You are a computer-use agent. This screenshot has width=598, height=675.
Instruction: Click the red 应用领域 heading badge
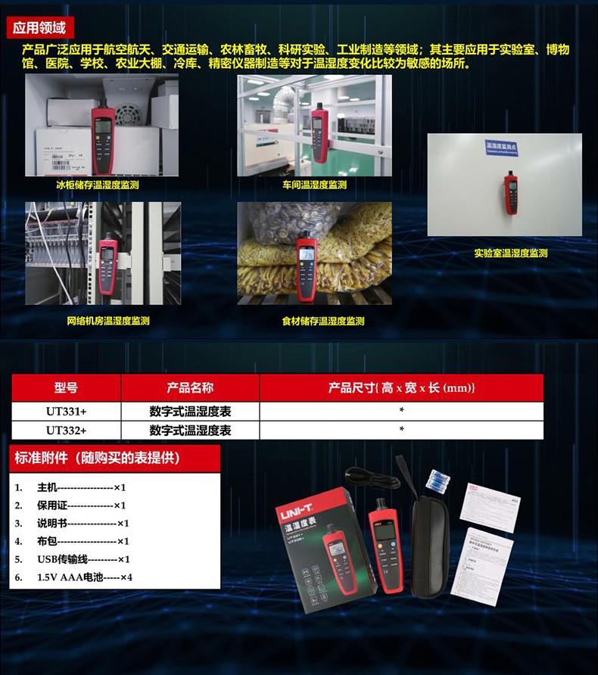click(x=39, y=28)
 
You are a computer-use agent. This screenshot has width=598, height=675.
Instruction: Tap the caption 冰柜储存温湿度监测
click(x=97, y=184)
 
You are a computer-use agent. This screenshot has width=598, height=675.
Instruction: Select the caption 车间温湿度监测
click(x=314, y=185)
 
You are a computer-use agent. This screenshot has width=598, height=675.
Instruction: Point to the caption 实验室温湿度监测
click(x=510, y=254)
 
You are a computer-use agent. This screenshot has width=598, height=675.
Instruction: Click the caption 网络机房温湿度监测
click(x=107, y=321)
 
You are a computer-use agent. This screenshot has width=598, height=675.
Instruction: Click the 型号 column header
click(x=66, y=387)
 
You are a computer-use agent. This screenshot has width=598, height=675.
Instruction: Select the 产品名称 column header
click(x=190, y=387)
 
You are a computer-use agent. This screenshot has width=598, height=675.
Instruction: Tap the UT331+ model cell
click(x=66, y=411)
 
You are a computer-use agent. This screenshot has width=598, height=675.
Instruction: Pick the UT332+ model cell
click(x=66, y=430)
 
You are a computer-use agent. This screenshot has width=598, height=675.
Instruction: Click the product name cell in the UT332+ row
click(x=190, y=430)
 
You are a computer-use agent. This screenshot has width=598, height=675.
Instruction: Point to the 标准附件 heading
click(x=97, y=458)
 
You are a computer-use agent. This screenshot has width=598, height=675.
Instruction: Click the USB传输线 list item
click(x=83, y=559)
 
